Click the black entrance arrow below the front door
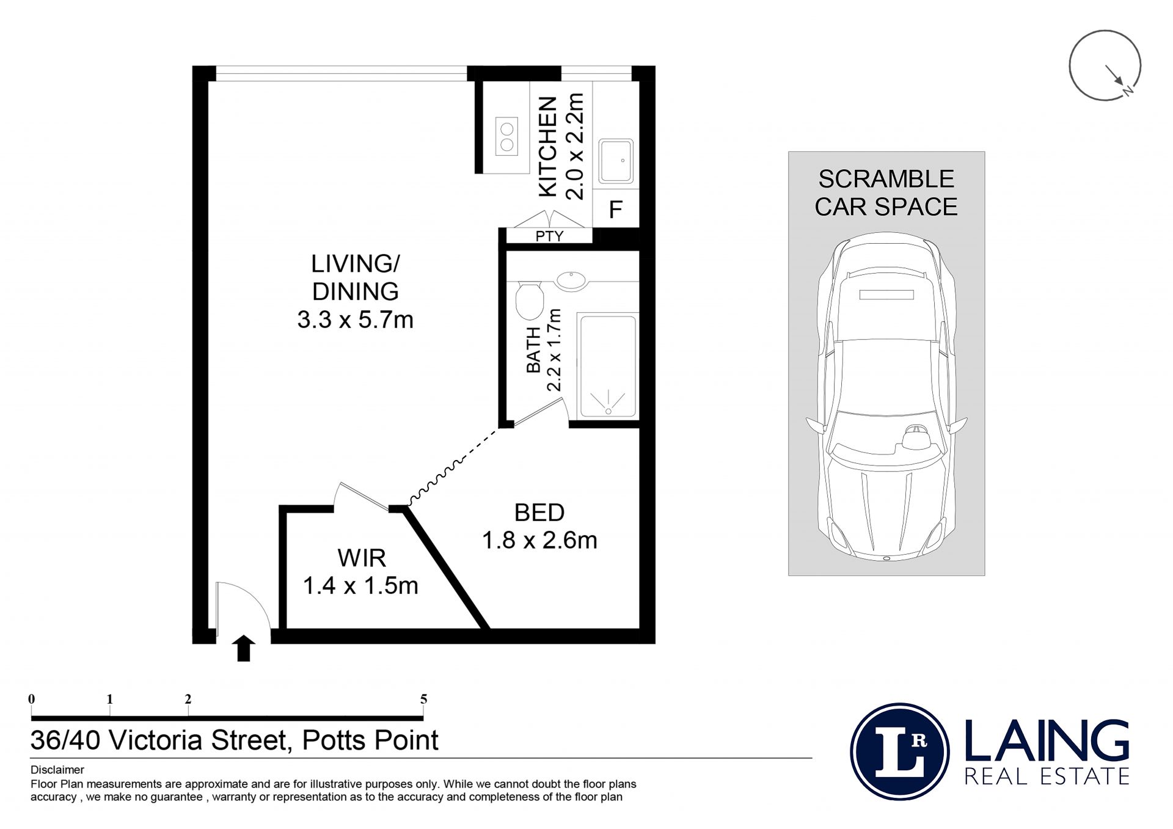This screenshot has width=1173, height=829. pos(244,648)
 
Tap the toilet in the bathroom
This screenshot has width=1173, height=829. pos(529,300)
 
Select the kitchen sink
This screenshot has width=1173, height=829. pos(616,161)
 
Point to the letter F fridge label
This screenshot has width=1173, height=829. pos(616,210)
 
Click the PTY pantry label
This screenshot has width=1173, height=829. pos(549,236)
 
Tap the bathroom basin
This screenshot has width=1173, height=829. pos(571,280)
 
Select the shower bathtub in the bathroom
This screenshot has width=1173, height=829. pos(608,366)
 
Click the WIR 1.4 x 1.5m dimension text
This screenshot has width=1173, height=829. pos(360,586)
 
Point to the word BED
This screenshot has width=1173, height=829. pos(539,513)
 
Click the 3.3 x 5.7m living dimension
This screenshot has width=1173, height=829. pos(356,320)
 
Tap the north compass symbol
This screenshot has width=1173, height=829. pos(1105,65)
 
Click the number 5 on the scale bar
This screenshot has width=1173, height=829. pos(423,699)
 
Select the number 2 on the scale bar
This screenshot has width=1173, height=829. pos(188,699)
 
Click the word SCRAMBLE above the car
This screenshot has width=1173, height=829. pos(886,179)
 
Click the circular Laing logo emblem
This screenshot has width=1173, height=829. pos(899,751)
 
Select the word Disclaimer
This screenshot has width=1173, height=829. pos(57,770)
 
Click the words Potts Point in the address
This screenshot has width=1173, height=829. pos(370,740)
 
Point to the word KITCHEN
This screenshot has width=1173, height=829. pos(548,147)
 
